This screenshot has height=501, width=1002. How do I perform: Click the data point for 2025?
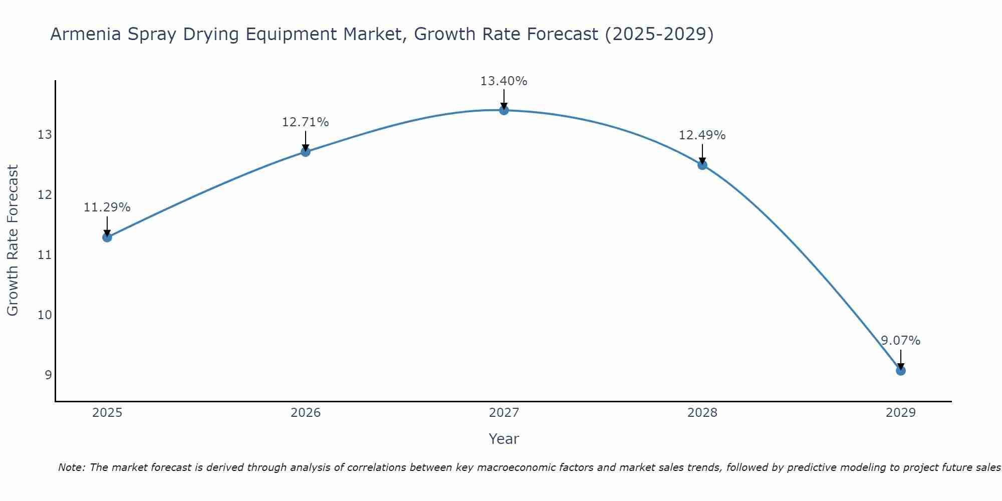[107, 237]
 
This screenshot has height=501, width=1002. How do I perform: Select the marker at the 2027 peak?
[504, 110]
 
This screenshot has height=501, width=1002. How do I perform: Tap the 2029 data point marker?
[900, 371]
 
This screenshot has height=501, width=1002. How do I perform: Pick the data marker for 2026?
[306, 152]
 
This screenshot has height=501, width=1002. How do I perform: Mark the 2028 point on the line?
[702, 165]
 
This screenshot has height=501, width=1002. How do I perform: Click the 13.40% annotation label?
[504, 81]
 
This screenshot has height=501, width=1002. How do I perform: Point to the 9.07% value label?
[900, 341]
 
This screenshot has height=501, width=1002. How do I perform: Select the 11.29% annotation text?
[107, 207]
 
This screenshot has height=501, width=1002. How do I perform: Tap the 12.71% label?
[305, 122]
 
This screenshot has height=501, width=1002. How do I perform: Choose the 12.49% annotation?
[702, 135]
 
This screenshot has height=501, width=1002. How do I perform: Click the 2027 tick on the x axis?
[504, 413]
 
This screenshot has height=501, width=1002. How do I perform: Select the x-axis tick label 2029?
[900, 413]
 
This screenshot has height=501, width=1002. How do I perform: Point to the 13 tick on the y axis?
[45, 135]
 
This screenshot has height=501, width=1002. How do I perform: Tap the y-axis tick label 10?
[45, 315]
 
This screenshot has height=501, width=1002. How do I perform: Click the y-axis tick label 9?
[48, 375]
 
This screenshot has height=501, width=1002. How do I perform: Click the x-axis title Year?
[504, 439]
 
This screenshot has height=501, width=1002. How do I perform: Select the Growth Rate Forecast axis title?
[13, 240]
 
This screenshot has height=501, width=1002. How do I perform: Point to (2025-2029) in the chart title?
[659, 35]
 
